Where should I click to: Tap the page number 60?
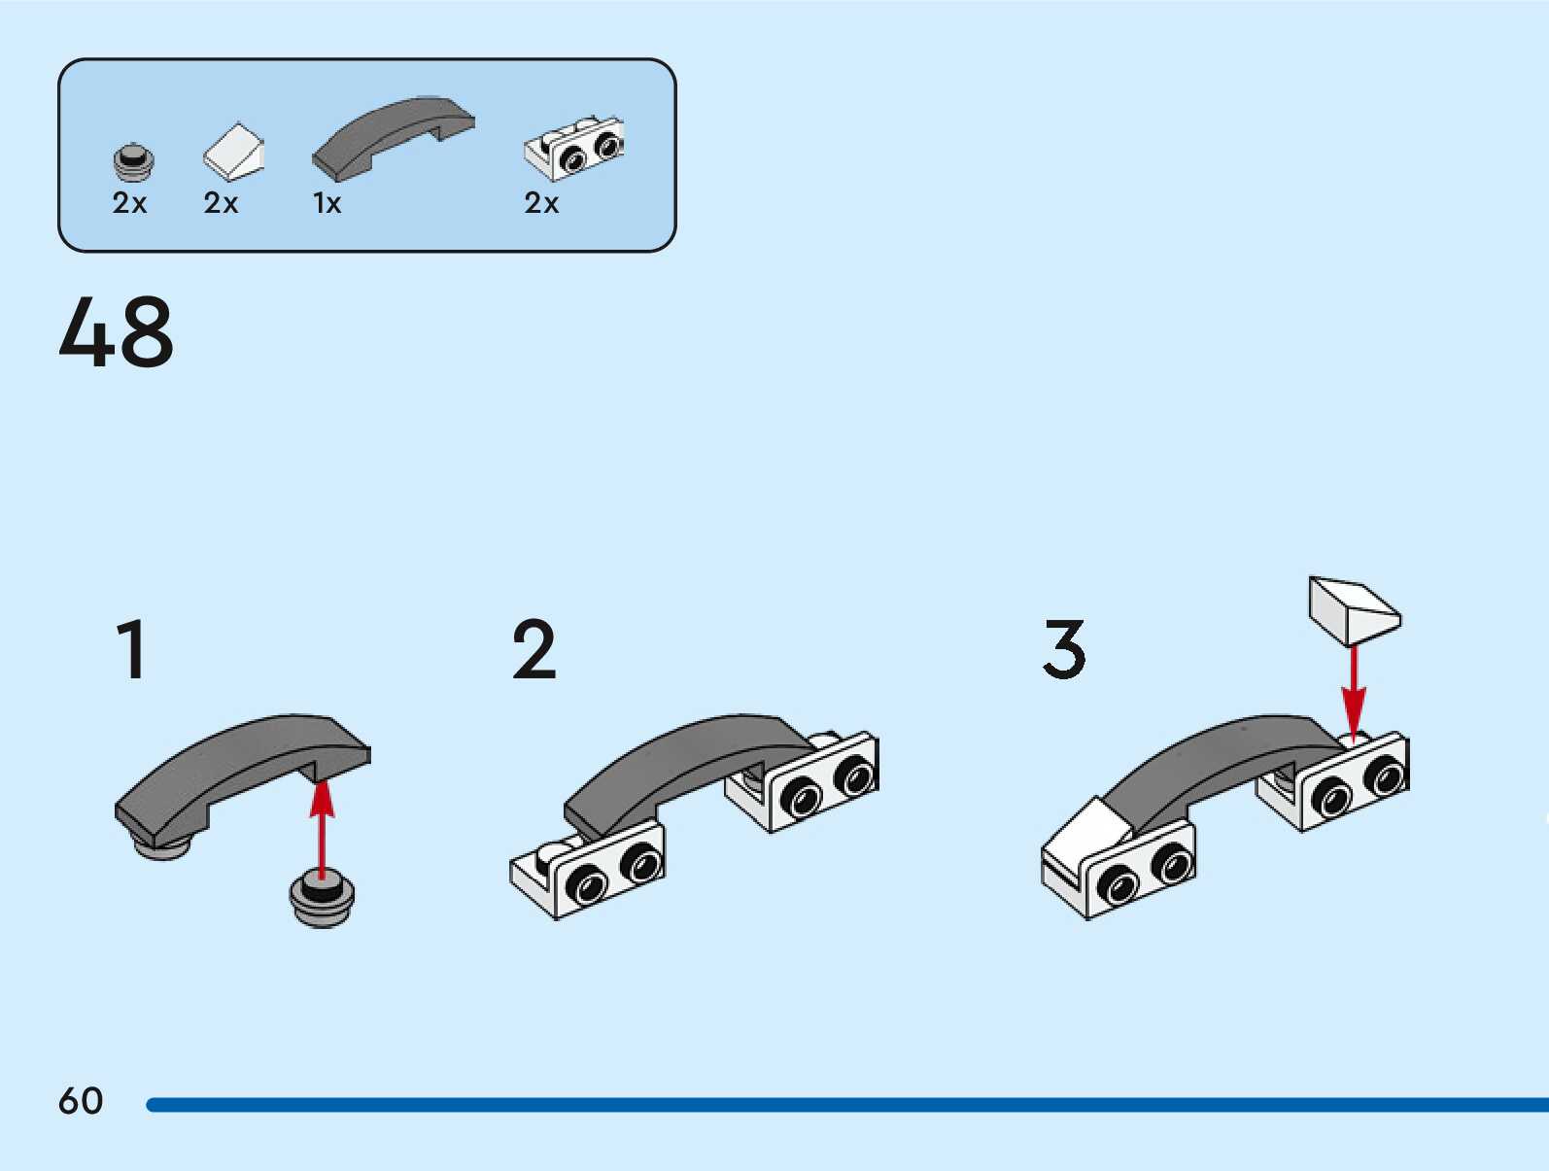coord(81,1101)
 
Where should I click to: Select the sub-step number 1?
coord(132,650)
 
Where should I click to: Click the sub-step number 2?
coord(534,650)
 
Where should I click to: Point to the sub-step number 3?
coord(1064,650)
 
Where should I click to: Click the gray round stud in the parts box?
coord(134,163)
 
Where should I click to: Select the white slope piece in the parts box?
coord(233,153)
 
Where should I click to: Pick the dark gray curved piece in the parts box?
coord(394,136)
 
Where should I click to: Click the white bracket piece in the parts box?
coord(574,149)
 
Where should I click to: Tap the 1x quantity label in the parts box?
coord(327,203)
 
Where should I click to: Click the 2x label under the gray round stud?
coord(129,203)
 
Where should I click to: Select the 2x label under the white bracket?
coord(541,203)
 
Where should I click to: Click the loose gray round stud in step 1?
coord(322,899)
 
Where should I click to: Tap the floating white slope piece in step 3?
coord(1354,609)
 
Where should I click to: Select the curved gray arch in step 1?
coord(243,768)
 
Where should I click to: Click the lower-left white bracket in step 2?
coord(588,868)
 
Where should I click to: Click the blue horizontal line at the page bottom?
coord(845,1105)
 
